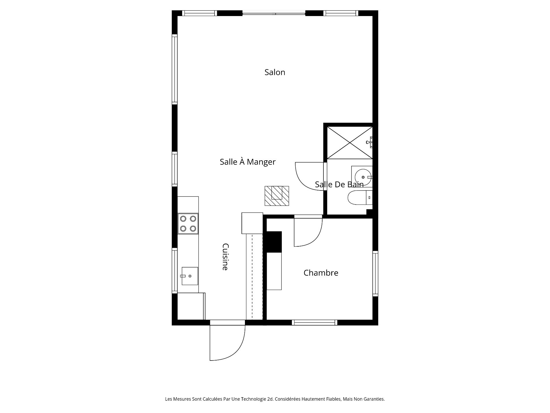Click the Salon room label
pos(275,72)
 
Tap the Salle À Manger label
pos(247,162)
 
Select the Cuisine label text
pos(225,257)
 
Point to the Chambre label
pos(321,273)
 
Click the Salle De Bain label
pos(339,184)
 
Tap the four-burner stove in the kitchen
pos(188,224)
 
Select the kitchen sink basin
pos(190,276)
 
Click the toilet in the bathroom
pos(360,198)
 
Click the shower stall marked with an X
pos(350,143)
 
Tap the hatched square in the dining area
pos(277,196)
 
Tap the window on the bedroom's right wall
pos(375,274)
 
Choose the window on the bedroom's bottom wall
pos(315,323)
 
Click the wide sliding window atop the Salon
pos(274,13)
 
